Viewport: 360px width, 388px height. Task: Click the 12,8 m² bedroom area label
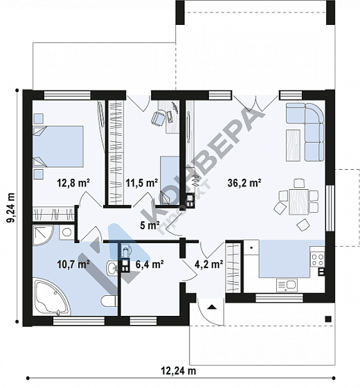click(73, 183)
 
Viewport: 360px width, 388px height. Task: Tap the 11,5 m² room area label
click(142, 183)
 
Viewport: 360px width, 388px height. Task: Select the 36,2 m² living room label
click(244, 183)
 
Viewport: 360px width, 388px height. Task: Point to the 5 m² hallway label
click(150, 225)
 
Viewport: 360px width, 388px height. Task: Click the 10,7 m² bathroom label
click(73, 264)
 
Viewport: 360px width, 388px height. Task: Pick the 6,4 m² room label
click(150, 264)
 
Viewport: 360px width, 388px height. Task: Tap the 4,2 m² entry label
click(209, 264)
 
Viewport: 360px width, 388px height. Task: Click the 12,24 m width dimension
click(179, 371)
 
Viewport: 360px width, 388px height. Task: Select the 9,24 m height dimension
click(11, 208)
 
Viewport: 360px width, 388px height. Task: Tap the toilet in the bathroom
click(109, 301)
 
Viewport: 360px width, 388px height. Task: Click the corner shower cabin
click(42, 235)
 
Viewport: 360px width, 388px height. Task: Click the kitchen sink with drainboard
click(287, 285)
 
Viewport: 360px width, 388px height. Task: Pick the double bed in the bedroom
click(58, 146)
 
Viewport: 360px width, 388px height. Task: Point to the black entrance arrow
click(212, 307)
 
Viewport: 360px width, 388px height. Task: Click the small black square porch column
click(328, 319)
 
